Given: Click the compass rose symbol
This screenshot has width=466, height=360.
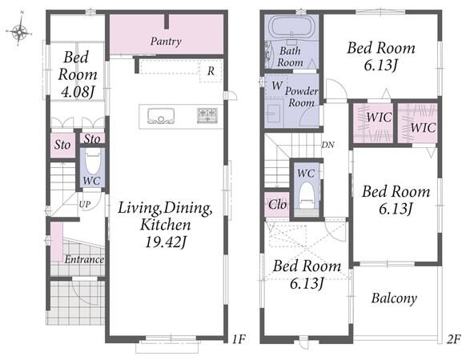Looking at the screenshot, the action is [18, 30].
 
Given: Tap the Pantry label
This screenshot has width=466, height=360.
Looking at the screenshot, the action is [166, 42].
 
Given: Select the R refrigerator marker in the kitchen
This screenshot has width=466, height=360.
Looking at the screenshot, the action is [211, 70].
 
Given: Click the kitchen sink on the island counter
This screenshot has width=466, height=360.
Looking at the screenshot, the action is [161, 116].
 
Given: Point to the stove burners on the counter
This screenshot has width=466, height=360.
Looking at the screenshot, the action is [207, 115].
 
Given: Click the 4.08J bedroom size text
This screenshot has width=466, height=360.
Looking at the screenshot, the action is [78, 92].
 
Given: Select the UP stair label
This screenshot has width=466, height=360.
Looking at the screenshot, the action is [85, 204].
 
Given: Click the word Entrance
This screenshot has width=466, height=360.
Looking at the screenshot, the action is [84, 259].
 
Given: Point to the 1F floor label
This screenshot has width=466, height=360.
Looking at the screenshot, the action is [239, 339].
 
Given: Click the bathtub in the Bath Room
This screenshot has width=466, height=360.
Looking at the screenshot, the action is [291, 28].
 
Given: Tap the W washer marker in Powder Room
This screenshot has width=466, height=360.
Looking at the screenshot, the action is [277, 86].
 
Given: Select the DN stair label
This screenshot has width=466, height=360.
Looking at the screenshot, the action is [327, 145].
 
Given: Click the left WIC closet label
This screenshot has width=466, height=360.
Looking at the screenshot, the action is [379, 118].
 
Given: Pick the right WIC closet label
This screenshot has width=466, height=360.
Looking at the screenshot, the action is [424, 128].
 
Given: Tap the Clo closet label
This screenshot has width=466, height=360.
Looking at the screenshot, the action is [278, 204].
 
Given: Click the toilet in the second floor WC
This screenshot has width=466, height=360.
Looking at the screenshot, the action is [307, 195].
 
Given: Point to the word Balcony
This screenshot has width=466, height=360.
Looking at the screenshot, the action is [394, 298].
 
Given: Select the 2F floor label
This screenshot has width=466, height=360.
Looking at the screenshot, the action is [453, 339].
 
